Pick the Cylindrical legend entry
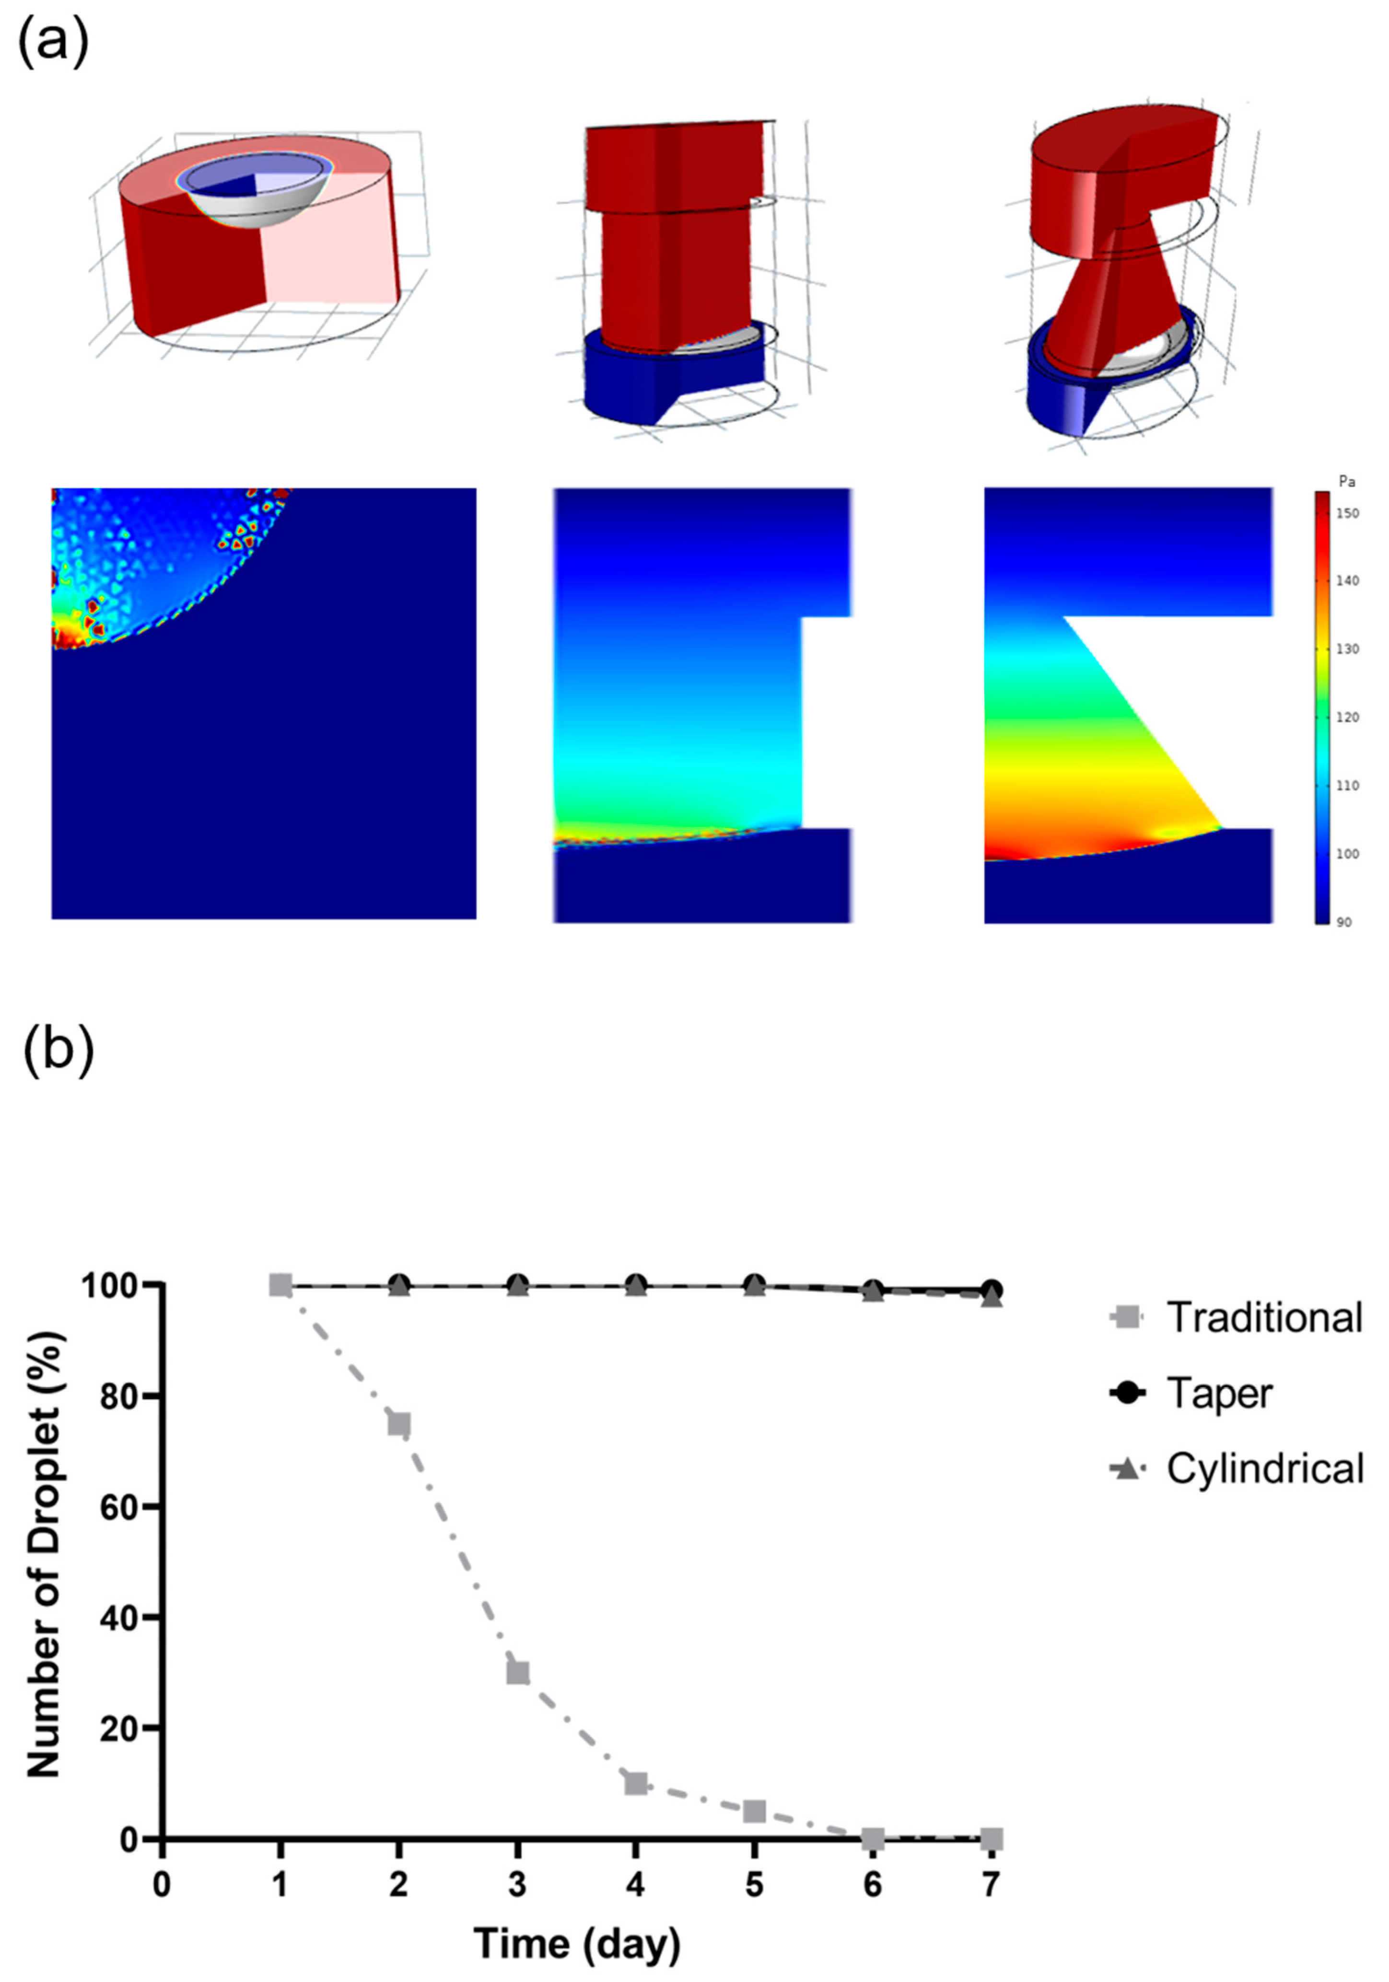coord(1265,1468)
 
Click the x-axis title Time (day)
coord(577,1942)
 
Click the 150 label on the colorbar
coord(1348,513)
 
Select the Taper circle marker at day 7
coord(992,1290)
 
